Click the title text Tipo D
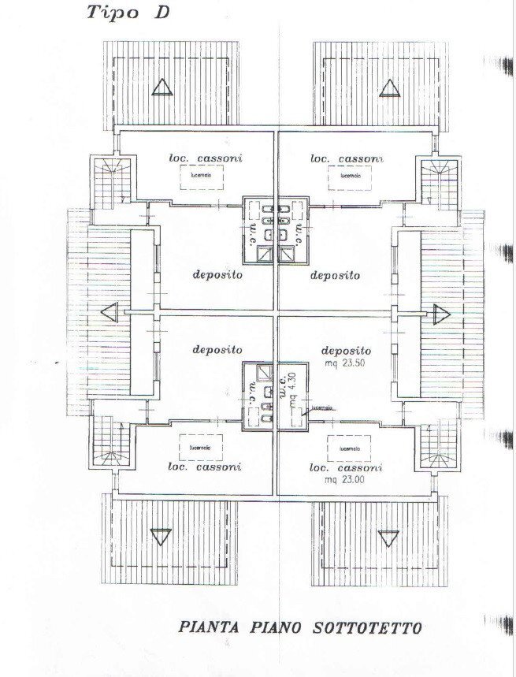click(x=127, y=13)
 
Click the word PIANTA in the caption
click(x=207, y=627)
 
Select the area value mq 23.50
click(x=346, y=364)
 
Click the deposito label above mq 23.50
click(x=346, y=350)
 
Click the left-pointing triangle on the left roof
click(x=110, y=313)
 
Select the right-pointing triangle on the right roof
click(x=439, y=313)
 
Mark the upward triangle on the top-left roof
click(x=162, y=87)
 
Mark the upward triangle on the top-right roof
click(x=388, y=87)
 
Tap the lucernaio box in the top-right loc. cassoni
click(x=350, y=177)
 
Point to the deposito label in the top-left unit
click(x=217, y=276)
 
